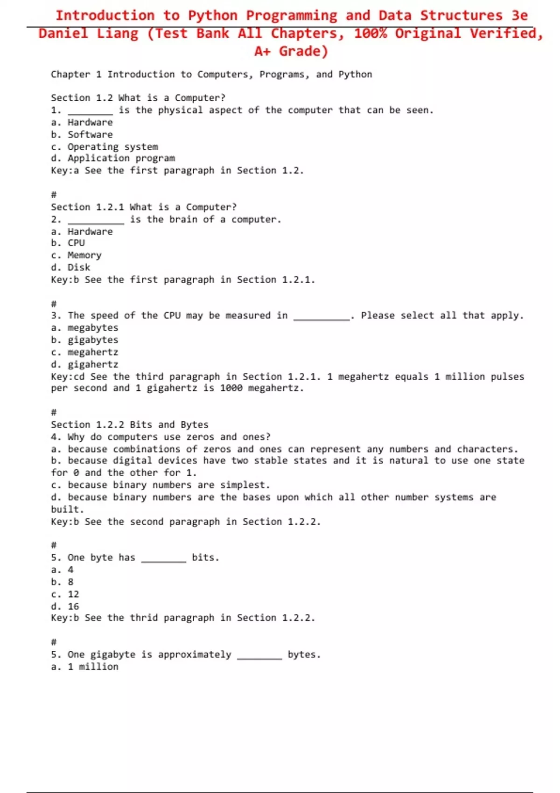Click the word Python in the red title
(x=212, y=15)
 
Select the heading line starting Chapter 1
(x=211, y=74)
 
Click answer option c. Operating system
(x=105, y=146)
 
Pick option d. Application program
(x=113, y=158)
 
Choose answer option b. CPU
(x=68, y=243)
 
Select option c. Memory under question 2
(x=76, y=255)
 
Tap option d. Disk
(x=70, y=267)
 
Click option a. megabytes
(x=84, y=328)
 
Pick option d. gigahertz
(x=84, y=364)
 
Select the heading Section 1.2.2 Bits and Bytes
(x=129, y=424)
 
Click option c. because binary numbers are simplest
(x=161, y=485)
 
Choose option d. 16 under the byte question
(x=65, y=606)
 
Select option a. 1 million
(x=84, y=667)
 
